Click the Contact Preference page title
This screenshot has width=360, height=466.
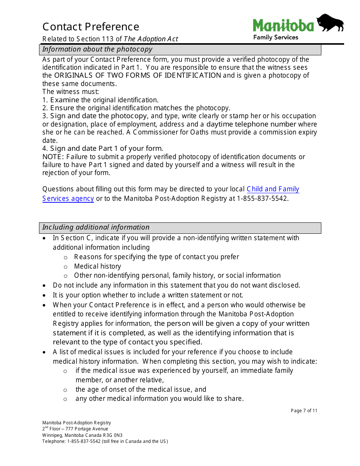91,27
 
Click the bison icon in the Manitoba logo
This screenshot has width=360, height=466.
330,23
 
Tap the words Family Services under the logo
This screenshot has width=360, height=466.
275,38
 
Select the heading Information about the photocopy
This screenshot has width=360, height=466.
97,49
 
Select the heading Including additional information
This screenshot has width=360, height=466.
96,227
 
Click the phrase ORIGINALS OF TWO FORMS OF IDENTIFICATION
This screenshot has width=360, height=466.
138,75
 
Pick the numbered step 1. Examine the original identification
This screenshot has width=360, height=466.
100,100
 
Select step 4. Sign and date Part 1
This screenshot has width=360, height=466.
103,149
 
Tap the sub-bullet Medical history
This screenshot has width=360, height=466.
97,266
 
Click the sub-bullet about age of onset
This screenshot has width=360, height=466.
141,389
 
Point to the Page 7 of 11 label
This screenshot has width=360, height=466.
304,411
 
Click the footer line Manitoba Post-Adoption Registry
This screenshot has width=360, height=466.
77,423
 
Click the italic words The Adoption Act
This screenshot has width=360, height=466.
151,39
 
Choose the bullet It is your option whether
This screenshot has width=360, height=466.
148,295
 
